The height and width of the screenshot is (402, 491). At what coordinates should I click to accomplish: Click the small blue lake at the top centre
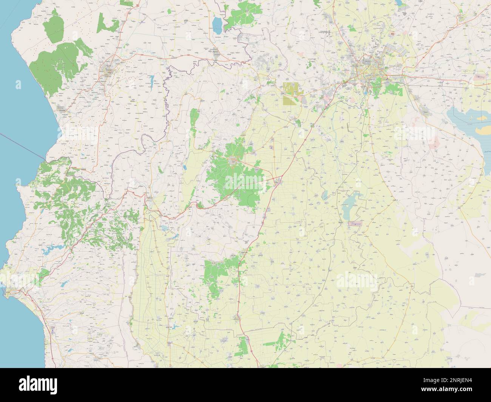(217, 25)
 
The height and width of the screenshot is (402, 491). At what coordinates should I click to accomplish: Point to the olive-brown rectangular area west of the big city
(290, 94)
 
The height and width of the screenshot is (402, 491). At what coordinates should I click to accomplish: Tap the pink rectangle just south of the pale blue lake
(355, 224)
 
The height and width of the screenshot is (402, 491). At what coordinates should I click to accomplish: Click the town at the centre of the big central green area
(235, 162)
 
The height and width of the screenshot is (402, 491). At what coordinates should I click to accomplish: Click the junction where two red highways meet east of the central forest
(281, 176)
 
